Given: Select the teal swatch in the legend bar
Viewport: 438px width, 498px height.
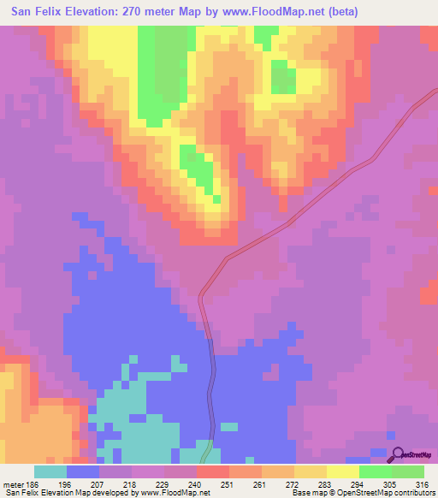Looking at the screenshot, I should [50, 471].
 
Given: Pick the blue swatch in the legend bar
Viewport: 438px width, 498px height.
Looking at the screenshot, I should [83, 471].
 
